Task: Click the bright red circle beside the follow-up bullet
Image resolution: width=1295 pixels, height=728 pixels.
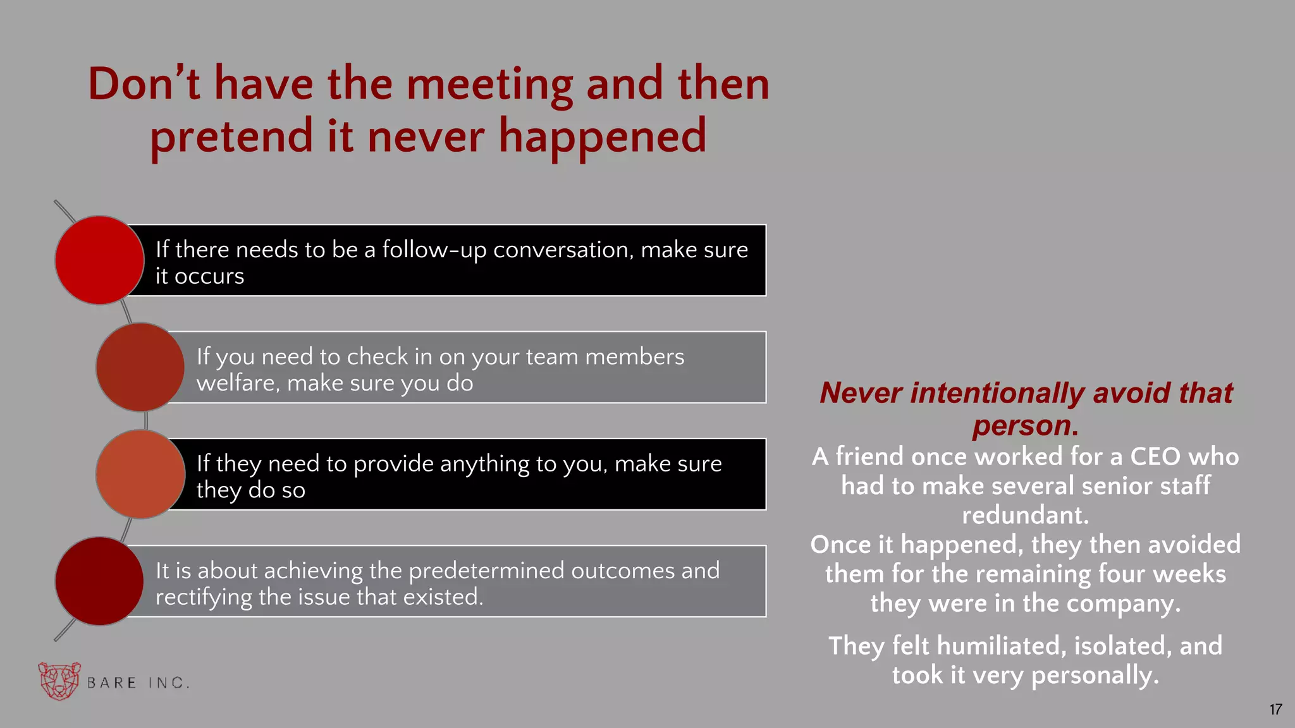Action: point(99,260)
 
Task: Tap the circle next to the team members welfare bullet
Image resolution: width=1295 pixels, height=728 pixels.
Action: point(140,367)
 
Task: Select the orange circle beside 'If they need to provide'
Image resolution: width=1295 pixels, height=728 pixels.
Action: point(140,474)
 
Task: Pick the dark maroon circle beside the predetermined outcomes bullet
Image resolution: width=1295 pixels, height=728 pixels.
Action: point(99,581)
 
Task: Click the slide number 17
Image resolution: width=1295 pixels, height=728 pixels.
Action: point(1275,710)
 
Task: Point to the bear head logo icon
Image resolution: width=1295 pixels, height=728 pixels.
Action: point(59,681)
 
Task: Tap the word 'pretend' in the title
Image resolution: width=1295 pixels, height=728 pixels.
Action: point(231,137)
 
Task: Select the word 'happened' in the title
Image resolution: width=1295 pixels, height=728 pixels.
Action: point(602,137)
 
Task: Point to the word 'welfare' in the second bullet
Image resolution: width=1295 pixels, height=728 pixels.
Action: point(238,384)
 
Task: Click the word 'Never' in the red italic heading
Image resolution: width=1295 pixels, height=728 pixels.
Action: point(861,393)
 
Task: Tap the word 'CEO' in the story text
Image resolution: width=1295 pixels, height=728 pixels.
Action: point(1152,456)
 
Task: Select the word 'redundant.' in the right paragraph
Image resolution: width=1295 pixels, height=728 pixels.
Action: point(1025,515)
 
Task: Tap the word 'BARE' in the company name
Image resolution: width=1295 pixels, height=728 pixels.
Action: point(111,683)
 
